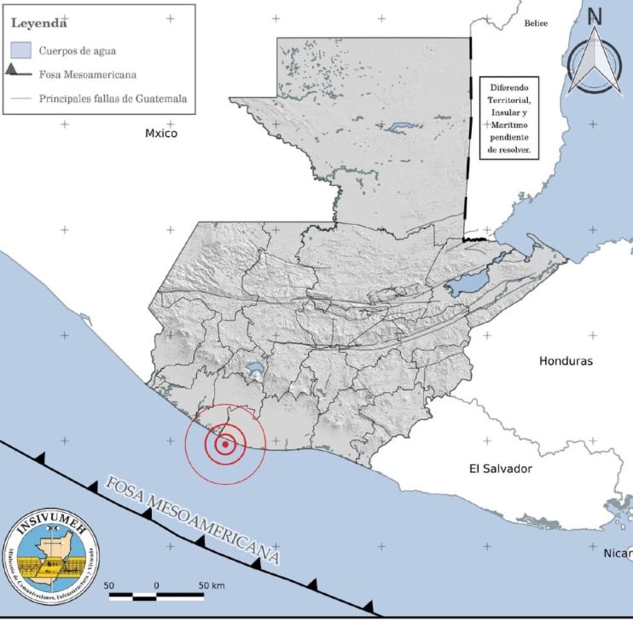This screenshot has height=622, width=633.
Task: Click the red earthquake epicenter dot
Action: coord(224,444)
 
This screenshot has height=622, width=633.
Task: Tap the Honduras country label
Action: coord(565,360)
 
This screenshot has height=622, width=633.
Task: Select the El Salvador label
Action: coord(501,469)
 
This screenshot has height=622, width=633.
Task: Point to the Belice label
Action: coord(537,23)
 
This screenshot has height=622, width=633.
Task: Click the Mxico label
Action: coord(161,133)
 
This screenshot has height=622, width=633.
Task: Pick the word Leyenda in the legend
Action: coord(38,22)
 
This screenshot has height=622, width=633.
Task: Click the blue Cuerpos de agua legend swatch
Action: coord(22,50)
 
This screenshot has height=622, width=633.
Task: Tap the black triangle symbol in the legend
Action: coord(15,73)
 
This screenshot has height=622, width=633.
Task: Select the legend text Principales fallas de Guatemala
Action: coord(113,99)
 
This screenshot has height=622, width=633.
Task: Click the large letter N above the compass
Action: coord(595,16)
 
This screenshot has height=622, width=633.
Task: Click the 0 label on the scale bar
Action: coord(157,585)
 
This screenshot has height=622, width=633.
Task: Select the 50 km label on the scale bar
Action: coord(211,585)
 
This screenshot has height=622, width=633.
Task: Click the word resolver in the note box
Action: coord(508,148)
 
